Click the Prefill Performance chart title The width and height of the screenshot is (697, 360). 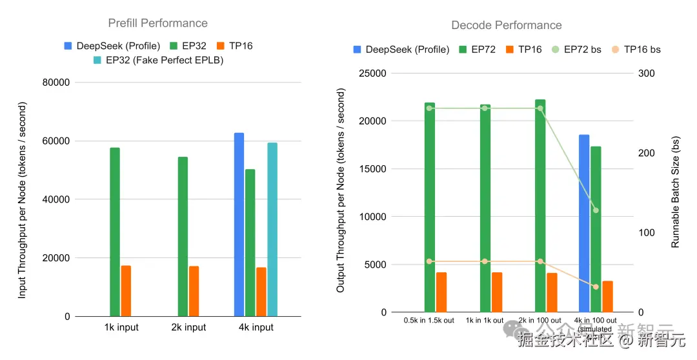(157, 23)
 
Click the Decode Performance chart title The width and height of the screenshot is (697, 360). (506, 26)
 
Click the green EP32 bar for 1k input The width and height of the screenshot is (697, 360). (115, 232)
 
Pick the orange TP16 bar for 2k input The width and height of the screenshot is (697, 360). (194, 291)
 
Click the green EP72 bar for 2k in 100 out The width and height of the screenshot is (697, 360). (540, 206)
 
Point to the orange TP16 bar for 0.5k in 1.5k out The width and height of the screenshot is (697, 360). (441, 292)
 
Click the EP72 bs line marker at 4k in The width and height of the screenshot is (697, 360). (596, 210)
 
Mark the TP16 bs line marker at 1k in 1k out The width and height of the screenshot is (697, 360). (485, 261)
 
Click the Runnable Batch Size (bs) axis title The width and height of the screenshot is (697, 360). (676, 192)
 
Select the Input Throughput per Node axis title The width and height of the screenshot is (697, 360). (23, 199)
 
